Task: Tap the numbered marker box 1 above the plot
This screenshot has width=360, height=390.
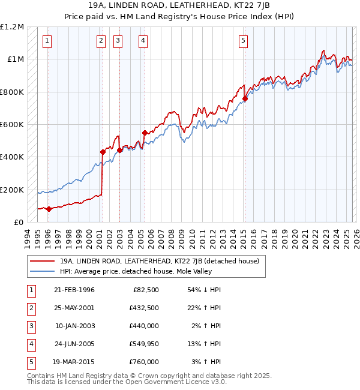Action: coord(47,41)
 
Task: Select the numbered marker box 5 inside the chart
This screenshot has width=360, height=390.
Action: coord(243,41)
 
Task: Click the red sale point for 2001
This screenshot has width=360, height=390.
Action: coord(103,152)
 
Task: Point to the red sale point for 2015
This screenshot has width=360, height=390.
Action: coord(245,99)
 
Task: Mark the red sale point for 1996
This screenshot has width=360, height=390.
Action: coord(49,209)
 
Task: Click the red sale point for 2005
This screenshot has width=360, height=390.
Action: coord(145,133)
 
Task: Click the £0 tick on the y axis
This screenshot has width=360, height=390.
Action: coord(18,222)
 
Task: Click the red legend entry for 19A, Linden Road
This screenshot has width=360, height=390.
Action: coord(159,262)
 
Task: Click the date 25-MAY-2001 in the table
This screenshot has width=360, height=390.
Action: coord(74,308)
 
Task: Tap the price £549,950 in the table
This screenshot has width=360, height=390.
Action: coord(144,344)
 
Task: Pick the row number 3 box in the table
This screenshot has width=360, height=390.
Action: coord(31,326)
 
